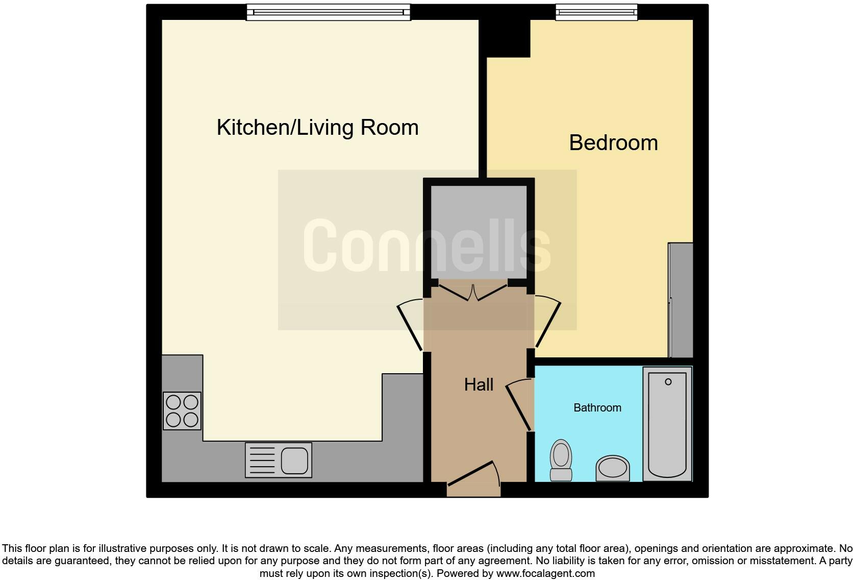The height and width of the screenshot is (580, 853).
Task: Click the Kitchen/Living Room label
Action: point(317,127)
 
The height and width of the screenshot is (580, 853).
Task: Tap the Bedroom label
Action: point(613,142)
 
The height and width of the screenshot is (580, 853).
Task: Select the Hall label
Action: point(478,384)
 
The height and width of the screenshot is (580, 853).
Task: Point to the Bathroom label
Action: point(597,407)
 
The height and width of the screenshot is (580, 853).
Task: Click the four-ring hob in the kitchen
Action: point(182,410)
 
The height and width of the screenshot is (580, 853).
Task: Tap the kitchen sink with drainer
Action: point(279,460)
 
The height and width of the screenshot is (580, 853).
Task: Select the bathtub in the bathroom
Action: point(667,424)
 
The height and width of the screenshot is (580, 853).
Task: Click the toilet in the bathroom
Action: point(561,460)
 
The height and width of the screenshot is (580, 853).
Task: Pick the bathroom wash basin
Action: point(612,468)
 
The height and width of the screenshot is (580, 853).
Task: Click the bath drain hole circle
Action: point(668,381)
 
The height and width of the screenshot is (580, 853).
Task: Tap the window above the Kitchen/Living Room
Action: point(328,12)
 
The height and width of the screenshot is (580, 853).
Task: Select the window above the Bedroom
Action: point(596,12)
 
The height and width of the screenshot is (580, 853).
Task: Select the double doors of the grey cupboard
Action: point(473,293)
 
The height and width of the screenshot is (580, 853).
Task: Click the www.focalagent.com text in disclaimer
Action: point(545,573)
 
